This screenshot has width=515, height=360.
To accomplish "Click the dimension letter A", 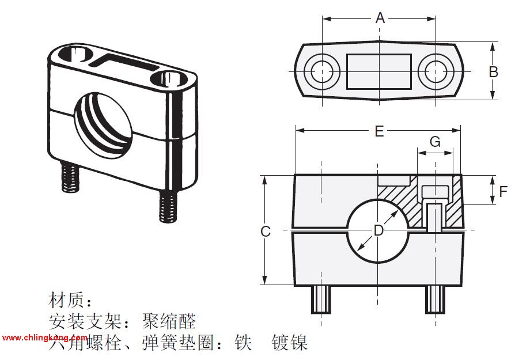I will pyautogui.click(x=380, y=18).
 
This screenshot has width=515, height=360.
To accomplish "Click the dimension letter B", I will pyautogui.click(x=493, y=72).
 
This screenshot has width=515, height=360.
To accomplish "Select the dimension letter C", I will pyautogui.click(x=265, y=232).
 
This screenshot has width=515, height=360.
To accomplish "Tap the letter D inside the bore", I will pyautogui.click(x=378, y=230).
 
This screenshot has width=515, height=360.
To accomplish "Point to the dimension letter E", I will pyautogui.click(x=378, y=131).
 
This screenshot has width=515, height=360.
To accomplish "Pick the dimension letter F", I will pyautogui.click(x=503, y=191).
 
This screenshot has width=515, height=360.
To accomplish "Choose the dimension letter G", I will pyautogui.click(x=436, y=142).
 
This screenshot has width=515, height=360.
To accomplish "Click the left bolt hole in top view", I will pyautogui.click(x=322, y=71).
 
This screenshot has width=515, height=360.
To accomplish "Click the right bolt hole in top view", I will pyautogui.click(x=436, y=71).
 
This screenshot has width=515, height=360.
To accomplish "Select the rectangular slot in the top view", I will pyautogui.click(x=379, y=71).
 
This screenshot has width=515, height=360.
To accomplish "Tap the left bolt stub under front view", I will pyautogui.click(x=321, y=299).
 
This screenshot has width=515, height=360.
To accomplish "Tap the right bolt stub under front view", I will pyautogui.click(x=436, y=299).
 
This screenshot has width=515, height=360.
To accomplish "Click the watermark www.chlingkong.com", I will pyautogui.click(x=44, y=338).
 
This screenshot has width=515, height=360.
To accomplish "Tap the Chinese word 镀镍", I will pyautogui.click(x=290, y=343).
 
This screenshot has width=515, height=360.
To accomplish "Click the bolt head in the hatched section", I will pyautogui.click(x=435, y=191).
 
